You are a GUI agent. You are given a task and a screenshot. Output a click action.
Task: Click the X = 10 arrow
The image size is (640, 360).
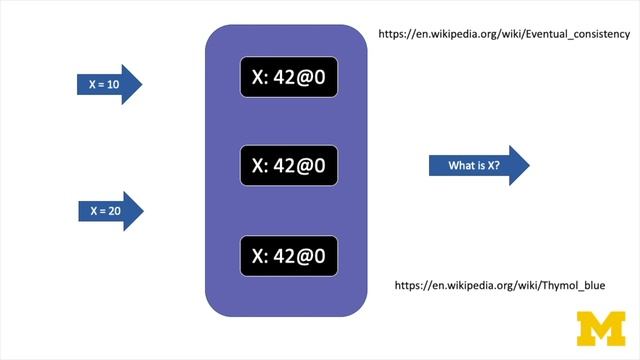[108, 85]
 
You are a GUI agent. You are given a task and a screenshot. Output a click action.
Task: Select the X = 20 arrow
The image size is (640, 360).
[108, 211]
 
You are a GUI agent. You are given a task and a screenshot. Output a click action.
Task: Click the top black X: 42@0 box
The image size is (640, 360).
[289, 78]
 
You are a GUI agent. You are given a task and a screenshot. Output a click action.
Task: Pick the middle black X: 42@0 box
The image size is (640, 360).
[289, 165]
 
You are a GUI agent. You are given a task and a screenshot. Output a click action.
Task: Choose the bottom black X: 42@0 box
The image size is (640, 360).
[289, 255]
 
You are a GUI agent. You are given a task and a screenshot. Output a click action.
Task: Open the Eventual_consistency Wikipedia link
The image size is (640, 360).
[504, 34]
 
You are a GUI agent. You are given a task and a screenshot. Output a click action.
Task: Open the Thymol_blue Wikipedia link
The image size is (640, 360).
[500, 286]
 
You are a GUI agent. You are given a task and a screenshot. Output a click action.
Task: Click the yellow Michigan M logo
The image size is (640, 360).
[600, 328]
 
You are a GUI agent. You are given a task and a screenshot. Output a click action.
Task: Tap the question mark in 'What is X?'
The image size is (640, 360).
[497, 165]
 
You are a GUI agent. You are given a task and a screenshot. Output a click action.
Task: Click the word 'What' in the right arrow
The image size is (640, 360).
[461, 165]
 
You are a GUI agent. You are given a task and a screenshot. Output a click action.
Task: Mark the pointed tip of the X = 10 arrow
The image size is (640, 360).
[143, 85]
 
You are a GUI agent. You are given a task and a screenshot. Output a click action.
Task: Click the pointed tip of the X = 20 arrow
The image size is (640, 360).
[143, 211]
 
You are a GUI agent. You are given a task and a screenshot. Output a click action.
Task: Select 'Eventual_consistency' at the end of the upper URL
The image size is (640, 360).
[574, 34]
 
